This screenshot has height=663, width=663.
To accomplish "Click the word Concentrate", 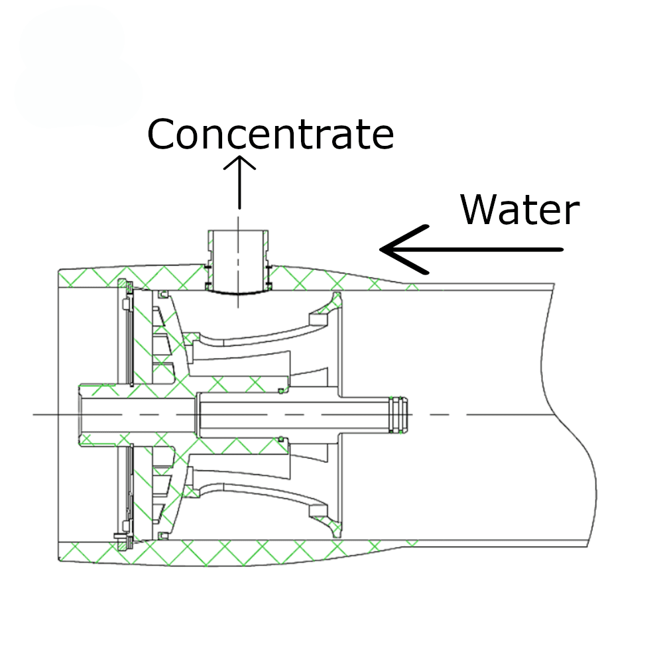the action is pyautogui.click(x=271, y=134).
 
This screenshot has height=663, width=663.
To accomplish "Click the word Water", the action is pyautogui.click(x=520, y=210).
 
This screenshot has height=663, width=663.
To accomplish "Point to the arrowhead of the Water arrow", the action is pyautogui.click(x=381, y=249).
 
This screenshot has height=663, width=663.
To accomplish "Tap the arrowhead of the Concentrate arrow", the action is pyautogui.click(x=239, y=157).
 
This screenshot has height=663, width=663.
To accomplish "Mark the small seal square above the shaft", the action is pyautogui.click(x=280, y=391).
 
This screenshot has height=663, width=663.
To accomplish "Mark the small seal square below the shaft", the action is pyautogui.click(x=280, y=440).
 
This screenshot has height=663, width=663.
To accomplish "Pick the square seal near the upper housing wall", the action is pyautogui.click(x=163, y=294).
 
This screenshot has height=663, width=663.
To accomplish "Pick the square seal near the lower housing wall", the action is pyautogui.click(x=163, y=536).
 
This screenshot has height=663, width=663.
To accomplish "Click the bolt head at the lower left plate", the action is pyautogui.click(x=120, y=536).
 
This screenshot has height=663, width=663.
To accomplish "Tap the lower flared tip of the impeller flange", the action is pyautogui.click(x=337, y=533).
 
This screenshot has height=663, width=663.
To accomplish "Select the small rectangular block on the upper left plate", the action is pyautogui.click(x=125, y=304).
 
